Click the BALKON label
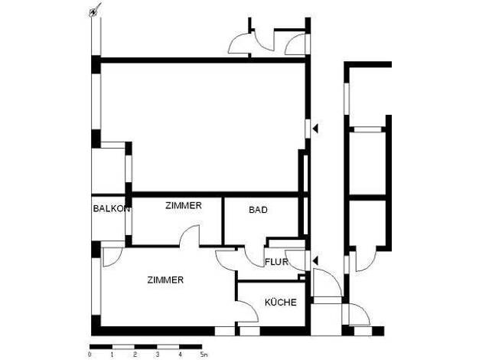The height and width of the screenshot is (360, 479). [x=112, y=208]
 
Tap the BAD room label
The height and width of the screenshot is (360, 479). [x=258, y=210]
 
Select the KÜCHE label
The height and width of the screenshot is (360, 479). [x=280, y=303]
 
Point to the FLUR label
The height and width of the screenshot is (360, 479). [x=276, y=262]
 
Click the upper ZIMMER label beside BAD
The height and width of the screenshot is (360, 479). [x=184, y=205]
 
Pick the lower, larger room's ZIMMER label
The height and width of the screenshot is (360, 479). [x=165, y=280]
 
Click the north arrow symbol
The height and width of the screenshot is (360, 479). [x=94, y=11]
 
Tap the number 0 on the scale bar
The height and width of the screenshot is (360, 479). [x=90, y=355]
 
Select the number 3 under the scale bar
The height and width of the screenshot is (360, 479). [x=158, y=355]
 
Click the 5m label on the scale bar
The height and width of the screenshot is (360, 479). [x=204, y=355]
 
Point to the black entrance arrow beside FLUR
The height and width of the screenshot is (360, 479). [x=315, y=261]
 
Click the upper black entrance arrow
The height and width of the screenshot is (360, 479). [x=315, y=129]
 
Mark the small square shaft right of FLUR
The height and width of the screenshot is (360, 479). [x=301, y=278]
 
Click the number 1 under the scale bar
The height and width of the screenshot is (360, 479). [x=112, y=355]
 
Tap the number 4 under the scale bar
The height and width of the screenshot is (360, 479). [x=181, y=355]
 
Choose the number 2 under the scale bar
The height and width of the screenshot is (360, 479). [x=135, y=355]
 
